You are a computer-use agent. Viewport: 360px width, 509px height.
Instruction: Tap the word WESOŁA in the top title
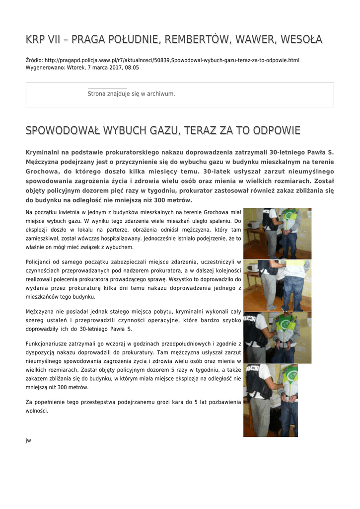click(x=301, y=39)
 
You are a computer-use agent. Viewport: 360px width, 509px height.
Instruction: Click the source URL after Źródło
click(x=172, y=60)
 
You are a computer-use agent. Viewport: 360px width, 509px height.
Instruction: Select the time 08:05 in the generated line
click(x=132, y=67)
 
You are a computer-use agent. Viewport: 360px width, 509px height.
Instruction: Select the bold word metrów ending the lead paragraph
click(x=178, y=200)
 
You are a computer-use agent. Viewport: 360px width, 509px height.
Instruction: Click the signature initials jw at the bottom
click(x=28, y=440)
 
